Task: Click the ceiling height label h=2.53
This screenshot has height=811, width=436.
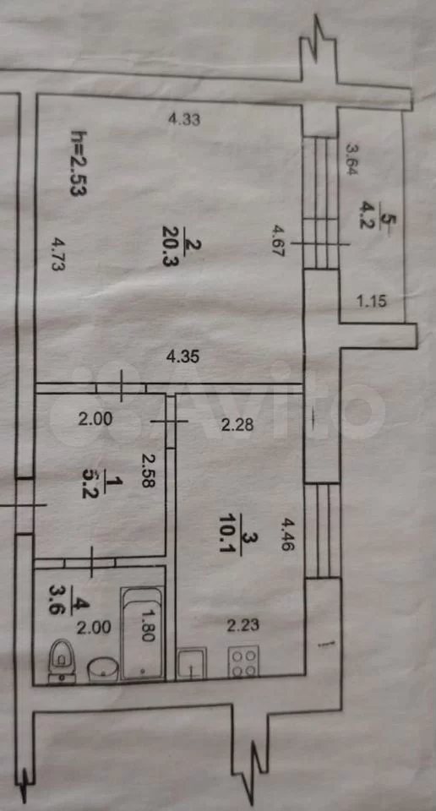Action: pos(79,163)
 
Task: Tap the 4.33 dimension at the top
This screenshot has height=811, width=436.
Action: pos(185,120)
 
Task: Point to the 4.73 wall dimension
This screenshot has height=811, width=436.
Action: pos(59,254)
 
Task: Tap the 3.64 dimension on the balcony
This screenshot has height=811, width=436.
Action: pos(352,160)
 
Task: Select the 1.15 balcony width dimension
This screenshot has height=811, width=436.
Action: pos(371,301)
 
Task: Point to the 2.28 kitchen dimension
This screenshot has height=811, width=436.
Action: pos(237,425)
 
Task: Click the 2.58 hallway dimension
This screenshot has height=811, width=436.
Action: pos(149,471)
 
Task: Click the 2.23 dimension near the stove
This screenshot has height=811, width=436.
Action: pos(243,626)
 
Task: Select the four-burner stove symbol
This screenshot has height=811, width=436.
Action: pos(243,661)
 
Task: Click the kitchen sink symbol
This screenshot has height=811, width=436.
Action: pos(191,662)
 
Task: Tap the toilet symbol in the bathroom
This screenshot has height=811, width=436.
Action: pos(62,661)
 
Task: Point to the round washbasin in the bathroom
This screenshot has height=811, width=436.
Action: pos(103,669)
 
